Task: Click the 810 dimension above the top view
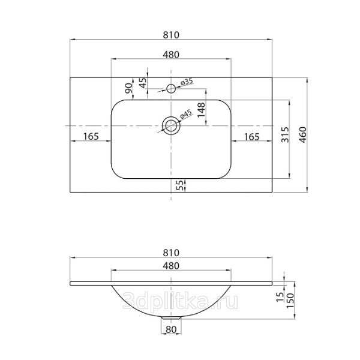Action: point(171,35)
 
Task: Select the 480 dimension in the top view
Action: point(171,55)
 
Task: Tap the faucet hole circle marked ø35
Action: point(171,88)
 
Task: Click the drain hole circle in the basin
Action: point(171,125)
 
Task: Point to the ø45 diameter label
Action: point(186,114)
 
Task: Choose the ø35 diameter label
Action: point(187,82)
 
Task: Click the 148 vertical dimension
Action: point(202,110)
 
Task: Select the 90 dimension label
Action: point(129,88)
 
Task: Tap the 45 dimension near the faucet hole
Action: point(143,83)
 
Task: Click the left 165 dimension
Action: point(91,136)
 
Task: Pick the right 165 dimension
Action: point(251,137)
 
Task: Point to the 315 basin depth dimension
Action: point(285,134)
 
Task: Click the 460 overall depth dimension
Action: point(303,135)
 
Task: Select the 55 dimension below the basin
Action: point(181,185)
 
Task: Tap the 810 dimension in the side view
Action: point(171,253)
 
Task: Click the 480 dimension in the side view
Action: point(171,266)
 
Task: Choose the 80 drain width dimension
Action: point(171,329)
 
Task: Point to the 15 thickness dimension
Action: point(280,297)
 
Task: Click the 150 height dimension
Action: point(290,301)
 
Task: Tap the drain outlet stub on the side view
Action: point(171,317)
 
